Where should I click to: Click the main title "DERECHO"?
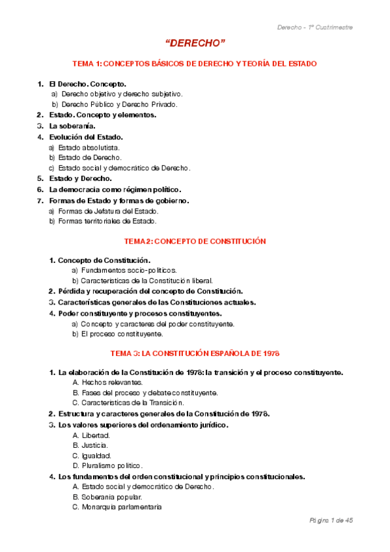pyautogui.click(x=195, y=43)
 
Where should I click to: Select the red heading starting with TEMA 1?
pyautogui.click(x=195, y=64)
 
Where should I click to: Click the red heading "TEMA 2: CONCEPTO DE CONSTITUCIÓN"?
pyautogui.click(x=195, y=241)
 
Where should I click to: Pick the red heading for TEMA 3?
pyautogui.click(x=195, y=353)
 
